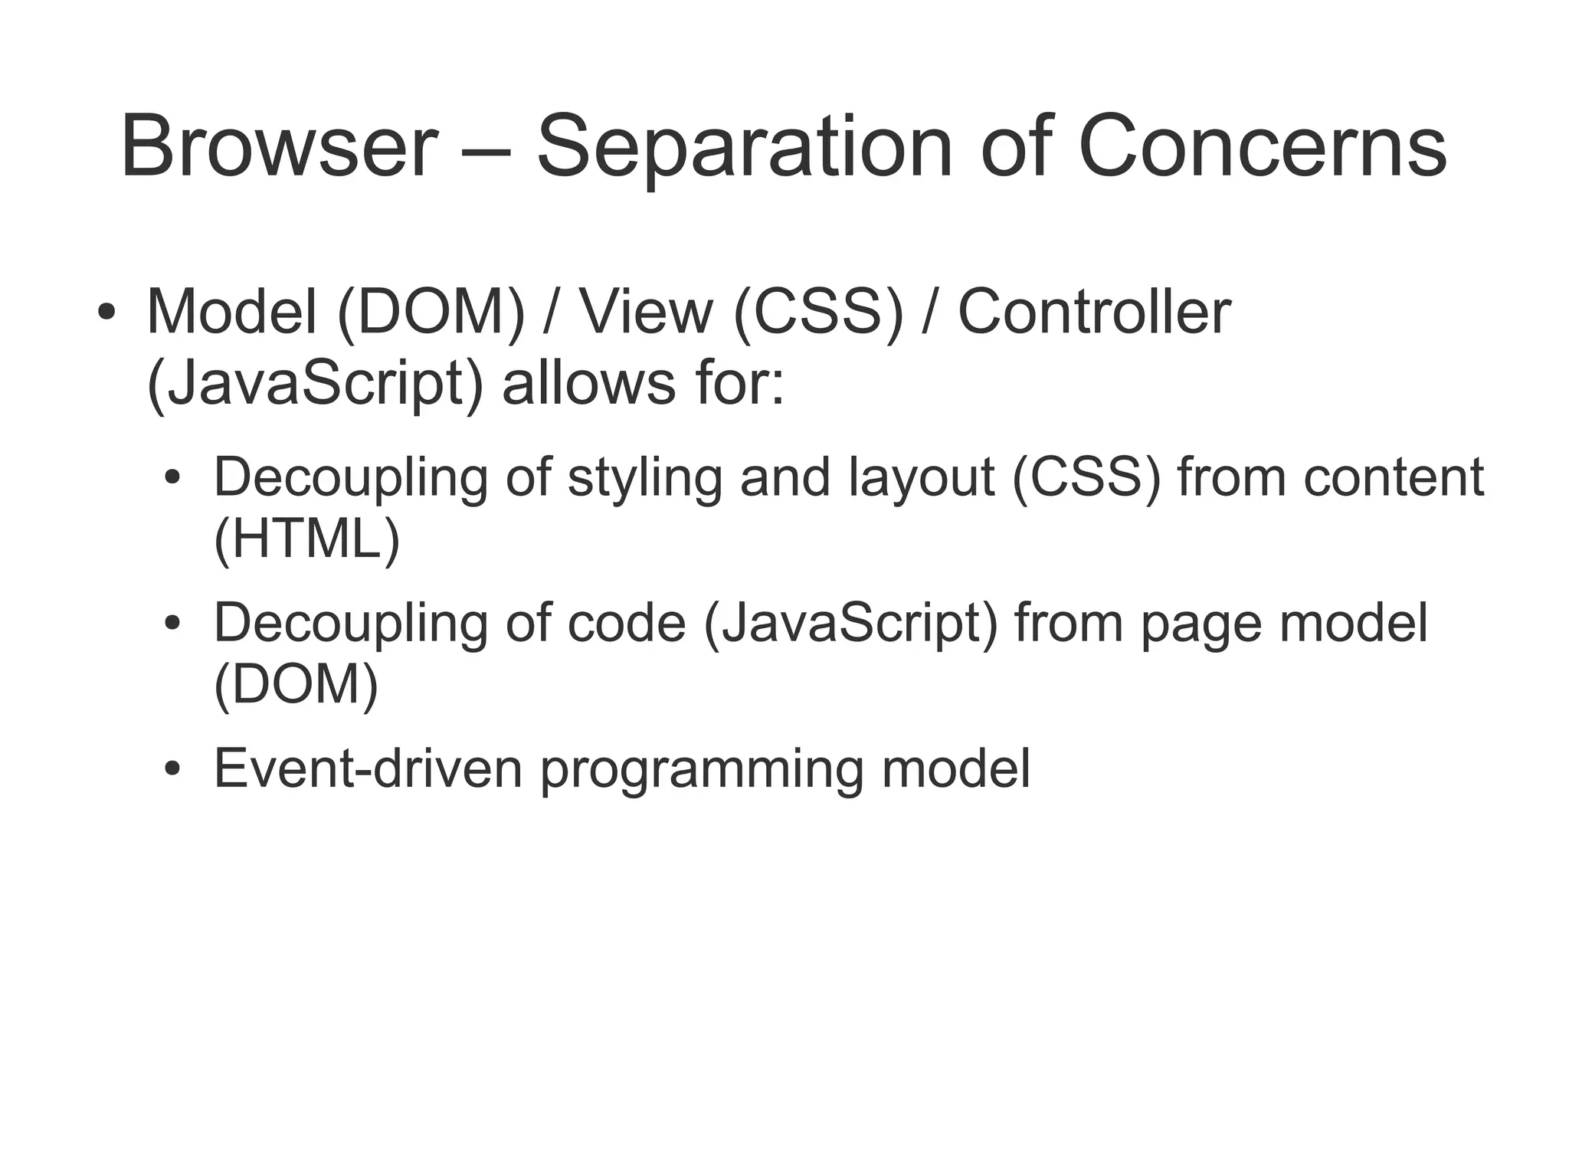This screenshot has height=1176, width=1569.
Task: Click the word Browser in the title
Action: pos(279,146)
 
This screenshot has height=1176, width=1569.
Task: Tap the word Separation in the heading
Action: pos(744,146)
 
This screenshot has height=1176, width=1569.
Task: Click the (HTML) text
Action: pos(307,539)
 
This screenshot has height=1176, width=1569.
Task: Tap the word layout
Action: pos(922,477)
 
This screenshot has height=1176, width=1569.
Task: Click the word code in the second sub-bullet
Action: pos(626,622)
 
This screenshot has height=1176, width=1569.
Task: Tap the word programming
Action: pos(702,769)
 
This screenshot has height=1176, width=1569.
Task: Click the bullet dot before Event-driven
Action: pos(173,768)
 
